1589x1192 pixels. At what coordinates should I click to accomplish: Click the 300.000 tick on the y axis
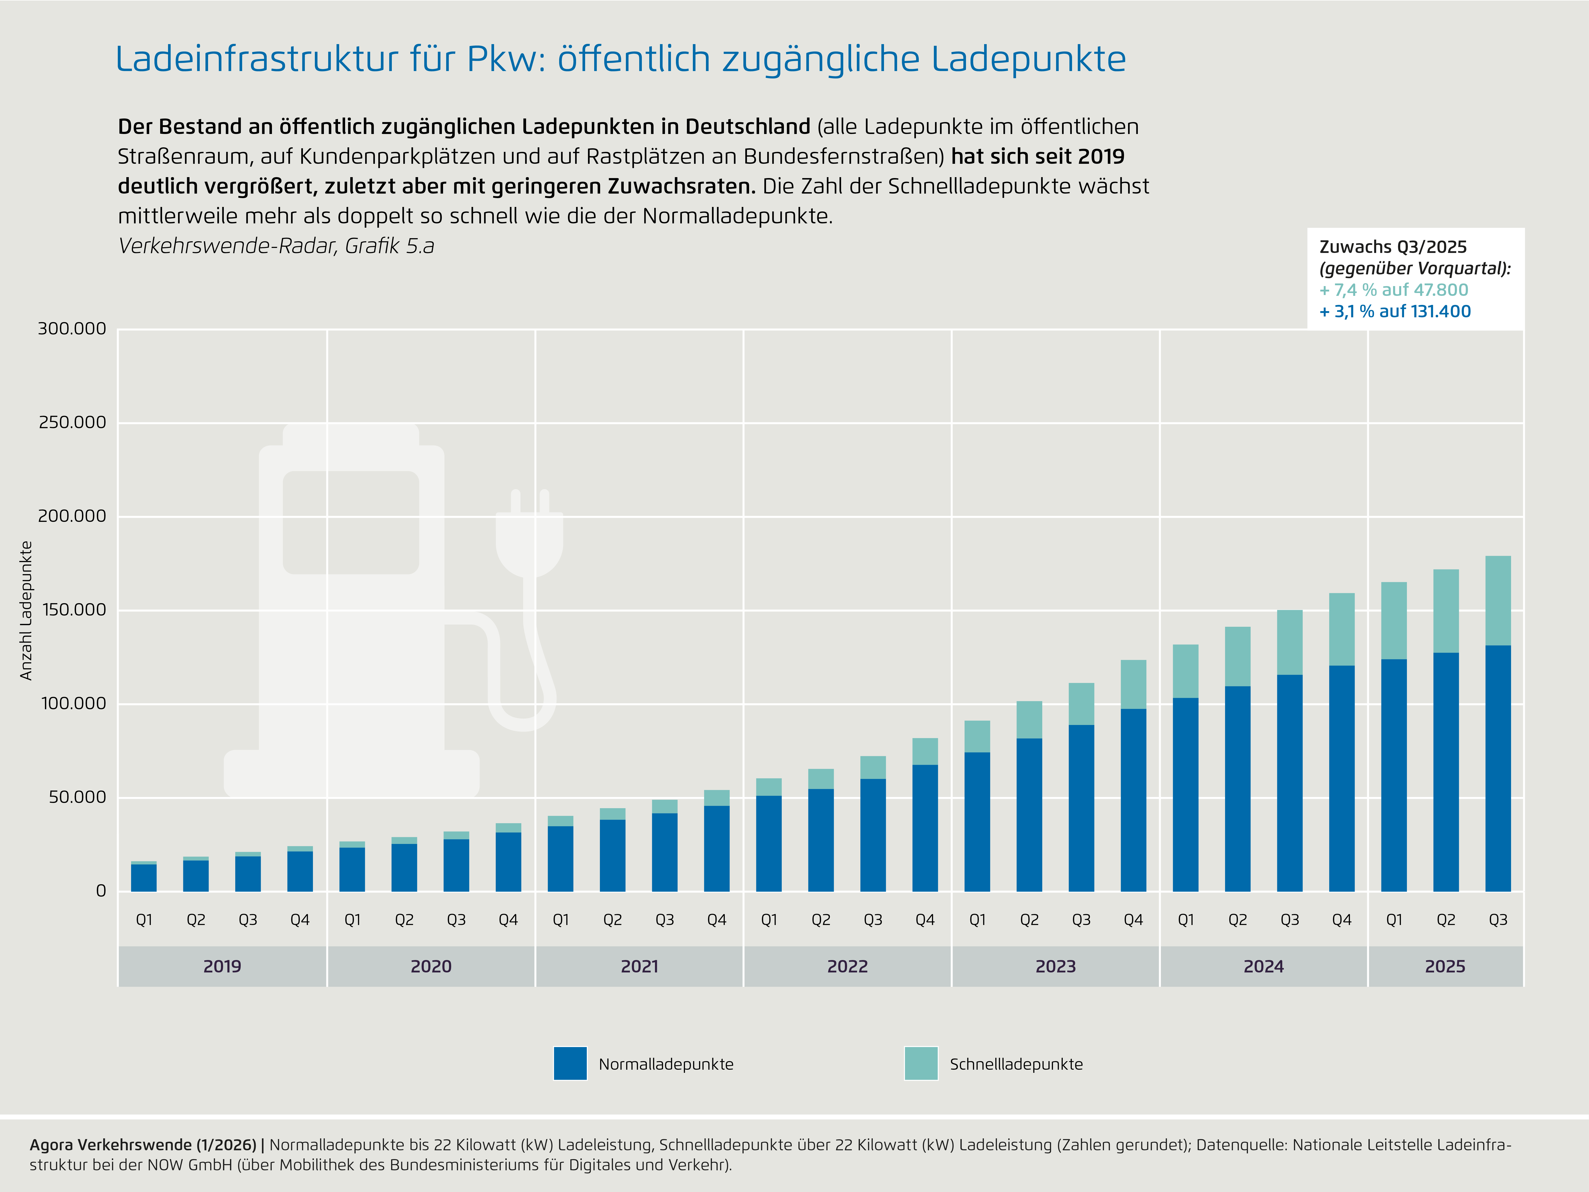pos(72,329)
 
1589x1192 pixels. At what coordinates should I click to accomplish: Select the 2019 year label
pos(222,966)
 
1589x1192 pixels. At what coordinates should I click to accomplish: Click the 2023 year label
pos(1055,966)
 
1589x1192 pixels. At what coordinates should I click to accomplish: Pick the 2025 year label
pos(1445,966)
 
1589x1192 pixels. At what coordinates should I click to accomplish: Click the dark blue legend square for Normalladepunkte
pos(570,1064)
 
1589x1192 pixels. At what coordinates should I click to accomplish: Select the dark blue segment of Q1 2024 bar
pos(1185,794)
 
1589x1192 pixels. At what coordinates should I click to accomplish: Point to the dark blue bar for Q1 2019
pos(144,878)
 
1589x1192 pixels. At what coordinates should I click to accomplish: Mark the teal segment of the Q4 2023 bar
pos(1133,684)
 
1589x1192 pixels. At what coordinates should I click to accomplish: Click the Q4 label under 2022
pos(925,920)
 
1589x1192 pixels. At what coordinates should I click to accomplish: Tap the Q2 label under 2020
pos(404,920)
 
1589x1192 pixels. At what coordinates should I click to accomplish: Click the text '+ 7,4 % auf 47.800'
pos(1394,290)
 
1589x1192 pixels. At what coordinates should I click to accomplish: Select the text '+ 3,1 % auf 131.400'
pos(1395,312)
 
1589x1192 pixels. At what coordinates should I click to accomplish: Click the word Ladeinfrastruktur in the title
pos(256,59)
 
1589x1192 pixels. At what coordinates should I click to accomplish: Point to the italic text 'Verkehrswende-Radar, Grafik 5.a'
pos(276,246)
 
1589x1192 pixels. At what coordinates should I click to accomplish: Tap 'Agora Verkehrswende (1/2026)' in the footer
pos(142,1145)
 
